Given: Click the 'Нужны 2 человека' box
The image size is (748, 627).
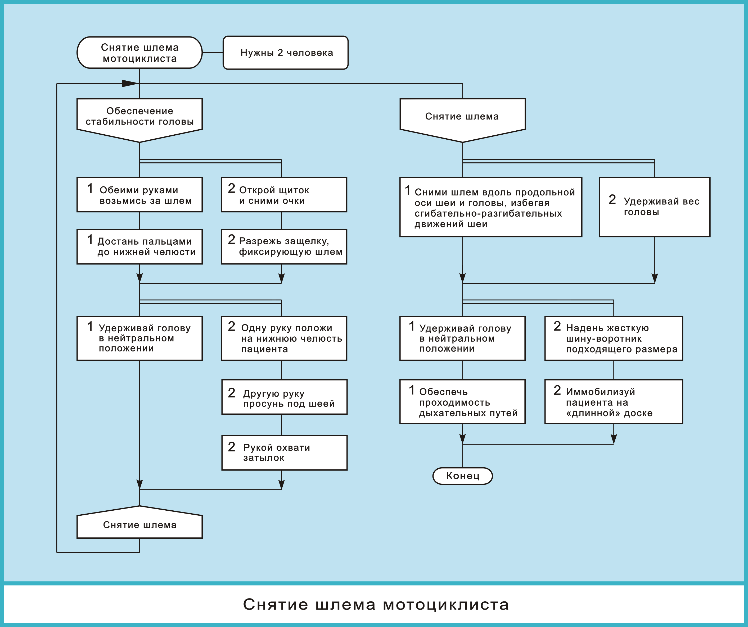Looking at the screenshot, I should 285,53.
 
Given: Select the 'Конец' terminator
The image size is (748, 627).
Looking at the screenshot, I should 462,476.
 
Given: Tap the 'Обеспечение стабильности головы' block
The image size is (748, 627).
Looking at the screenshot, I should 140,117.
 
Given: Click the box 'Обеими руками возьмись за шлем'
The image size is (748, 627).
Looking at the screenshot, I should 140,195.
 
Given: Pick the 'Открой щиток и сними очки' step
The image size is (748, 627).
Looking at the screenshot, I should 284,195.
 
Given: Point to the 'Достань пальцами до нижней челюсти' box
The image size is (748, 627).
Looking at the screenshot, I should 140,247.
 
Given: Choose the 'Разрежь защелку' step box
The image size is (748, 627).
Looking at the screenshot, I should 284,247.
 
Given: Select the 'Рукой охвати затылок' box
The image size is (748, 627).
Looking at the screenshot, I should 284,453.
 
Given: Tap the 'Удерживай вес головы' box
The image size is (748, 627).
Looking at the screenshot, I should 655,207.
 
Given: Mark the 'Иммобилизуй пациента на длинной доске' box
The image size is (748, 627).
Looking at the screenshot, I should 613,401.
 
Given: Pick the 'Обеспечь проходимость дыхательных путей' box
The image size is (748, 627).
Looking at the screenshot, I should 462,401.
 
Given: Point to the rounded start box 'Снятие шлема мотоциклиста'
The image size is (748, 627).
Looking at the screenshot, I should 140,53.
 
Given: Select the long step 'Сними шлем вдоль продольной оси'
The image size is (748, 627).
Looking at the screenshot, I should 490,207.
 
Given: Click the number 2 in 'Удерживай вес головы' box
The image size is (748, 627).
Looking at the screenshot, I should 612,200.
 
